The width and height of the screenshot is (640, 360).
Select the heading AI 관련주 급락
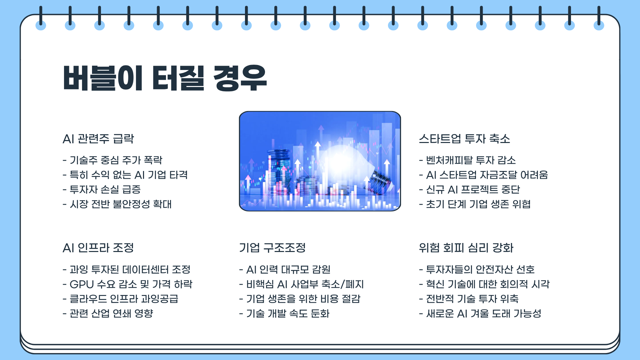(98, 139)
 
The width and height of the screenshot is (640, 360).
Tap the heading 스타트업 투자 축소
(464, 139)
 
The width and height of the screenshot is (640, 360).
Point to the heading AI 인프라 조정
(98, 248)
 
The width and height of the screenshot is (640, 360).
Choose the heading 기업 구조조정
(272, 248)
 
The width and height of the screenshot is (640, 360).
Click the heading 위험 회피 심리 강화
(466, 248)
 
